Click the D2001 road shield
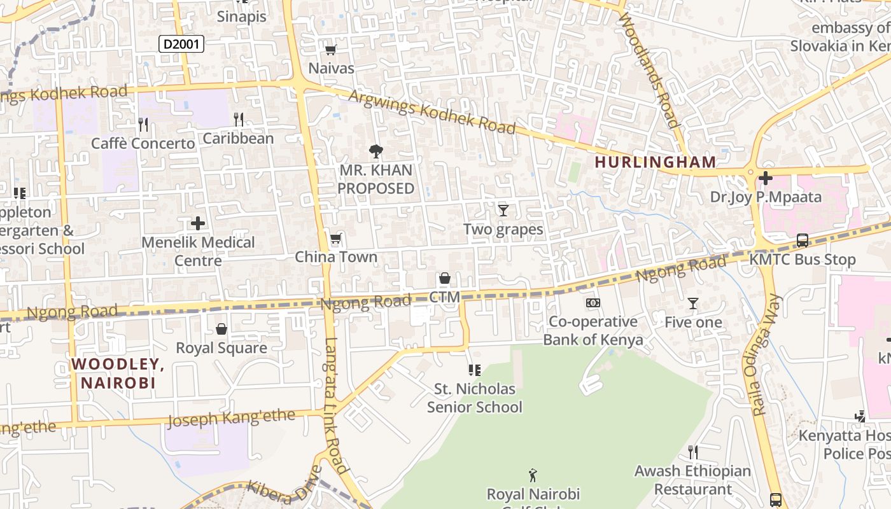point(181,44)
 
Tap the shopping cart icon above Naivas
point(330,50)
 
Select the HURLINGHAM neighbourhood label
point(656,162)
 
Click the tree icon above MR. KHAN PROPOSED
point(376,151)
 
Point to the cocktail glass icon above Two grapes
point(503,210)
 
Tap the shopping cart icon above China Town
point(335,239)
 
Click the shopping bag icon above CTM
point(445,278)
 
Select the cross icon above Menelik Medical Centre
point(198,223)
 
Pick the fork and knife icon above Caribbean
point(239,119)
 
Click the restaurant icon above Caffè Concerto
point(143,124)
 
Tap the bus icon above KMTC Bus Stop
point(803,241)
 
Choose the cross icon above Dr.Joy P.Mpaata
point(766,178)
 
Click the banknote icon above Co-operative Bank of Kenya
point(593,303)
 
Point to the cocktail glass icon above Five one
point(693,303)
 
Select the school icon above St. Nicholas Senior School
point(474,370)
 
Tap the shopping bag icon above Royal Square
point(221,329)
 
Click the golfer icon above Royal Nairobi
point(533,475)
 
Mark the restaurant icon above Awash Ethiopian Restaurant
point(693,452)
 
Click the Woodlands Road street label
point(653,71)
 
